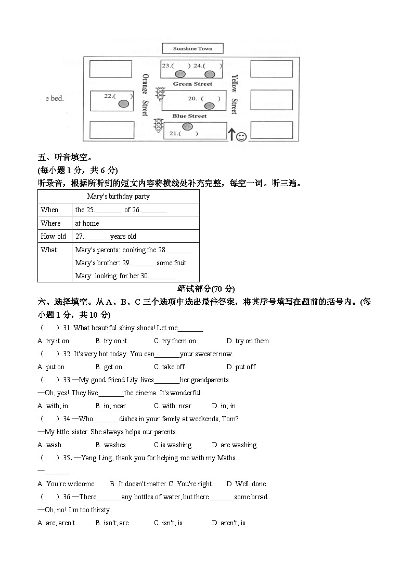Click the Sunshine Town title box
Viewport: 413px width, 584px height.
(192, 49)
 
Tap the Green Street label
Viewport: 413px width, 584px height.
(192, 84)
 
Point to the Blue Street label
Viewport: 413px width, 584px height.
(189, 116)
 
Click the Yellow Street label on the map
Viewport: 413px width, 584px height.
(234, 94)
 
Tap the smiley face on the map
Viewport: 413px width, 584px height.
(241, 137)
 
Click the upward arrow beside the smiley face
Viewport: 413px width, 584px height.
(231, 135)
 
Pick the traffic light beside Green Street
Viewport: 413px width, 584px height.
(160, 94)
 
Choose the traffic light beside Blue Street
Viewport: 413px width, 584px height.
(158, 125)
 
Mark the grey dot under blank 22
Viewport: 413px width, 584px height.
(123, 104)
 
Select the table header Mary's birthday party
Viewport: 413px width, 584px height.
(118, 196)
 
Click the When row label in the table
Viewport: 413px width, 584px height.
(50, 210)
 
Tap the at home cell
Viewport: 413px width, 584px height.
(87, 223)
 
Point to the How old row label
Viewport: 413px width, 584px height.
(54, 236)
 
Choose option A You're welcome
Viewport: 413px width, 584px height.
(67, 484)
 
